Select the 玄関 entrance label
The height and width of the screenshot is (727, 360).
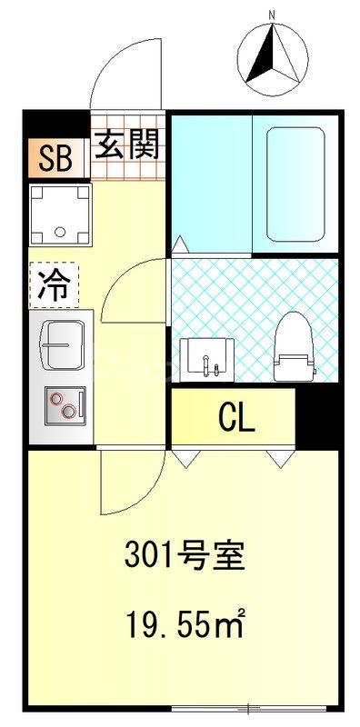click(x=128, y=143)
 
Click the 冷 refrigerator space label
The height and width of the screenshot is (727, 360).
click(x=53, y=284)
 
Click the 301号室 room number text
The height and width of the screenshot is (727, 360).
click(x=185, y=555)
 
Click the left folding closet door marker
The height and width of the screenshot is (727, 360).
click(x=185, y=457)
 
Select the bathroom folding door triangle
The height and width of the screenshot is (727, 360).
click(x=179, y=244)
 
